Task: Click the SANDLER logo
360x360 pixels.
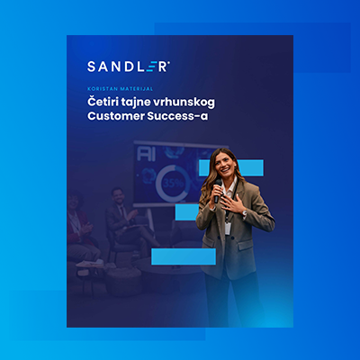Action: click(128, 66)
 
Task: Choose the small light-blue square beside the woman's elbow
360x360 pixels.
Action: click(186, 211)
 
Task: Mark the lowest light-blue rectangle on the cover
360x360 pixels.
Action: click(183, 256)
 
